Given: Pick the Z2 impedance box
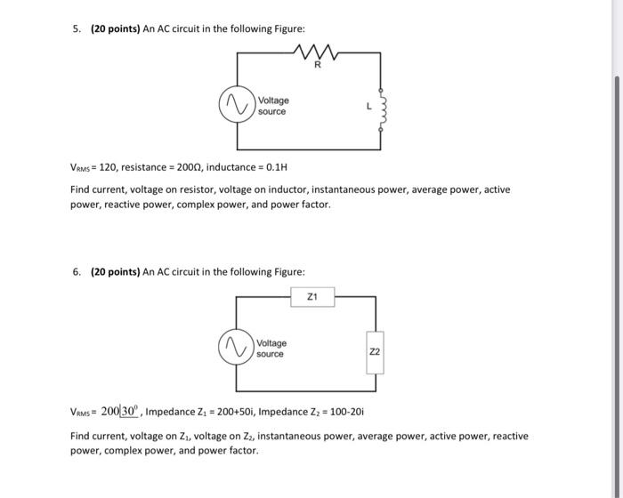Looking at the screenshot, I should click(375, 352).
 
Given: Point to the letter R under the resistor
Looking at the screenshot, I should click(317, 65).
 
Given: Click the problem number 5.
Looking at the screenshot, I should click(76, 29).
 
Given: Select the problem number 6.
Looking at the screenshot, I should click(76, 271).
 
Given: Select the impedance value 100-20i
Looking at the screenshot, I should click(341, 413).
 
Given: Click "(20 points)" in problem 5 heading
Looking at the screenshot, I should click(112, 29).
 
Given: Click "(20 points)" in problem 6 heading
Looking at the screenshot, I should click(112, 271).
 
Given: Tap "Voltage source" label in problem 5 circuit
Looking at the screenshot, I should click(272, 106).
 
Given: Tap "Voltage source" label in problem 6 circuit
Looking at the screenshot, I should click(271, 348).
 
